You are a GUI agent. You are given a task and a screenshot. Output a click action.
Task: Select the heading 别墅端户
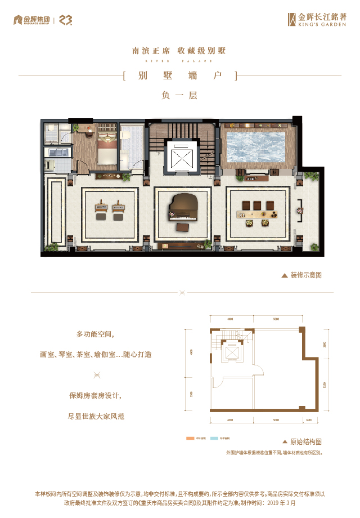point(180,76)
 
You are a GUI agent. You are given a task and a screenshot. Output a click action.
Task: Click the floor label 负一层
point(180,95)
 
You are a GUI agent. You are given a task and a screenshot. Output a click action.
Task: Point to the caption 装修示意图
point(306,275)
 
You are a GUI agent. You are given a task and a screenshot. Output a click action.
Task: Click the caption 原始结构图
point(306,442)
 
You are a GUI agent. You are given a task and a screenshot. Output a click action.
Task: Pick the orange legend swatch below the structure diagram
point(190,437)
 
